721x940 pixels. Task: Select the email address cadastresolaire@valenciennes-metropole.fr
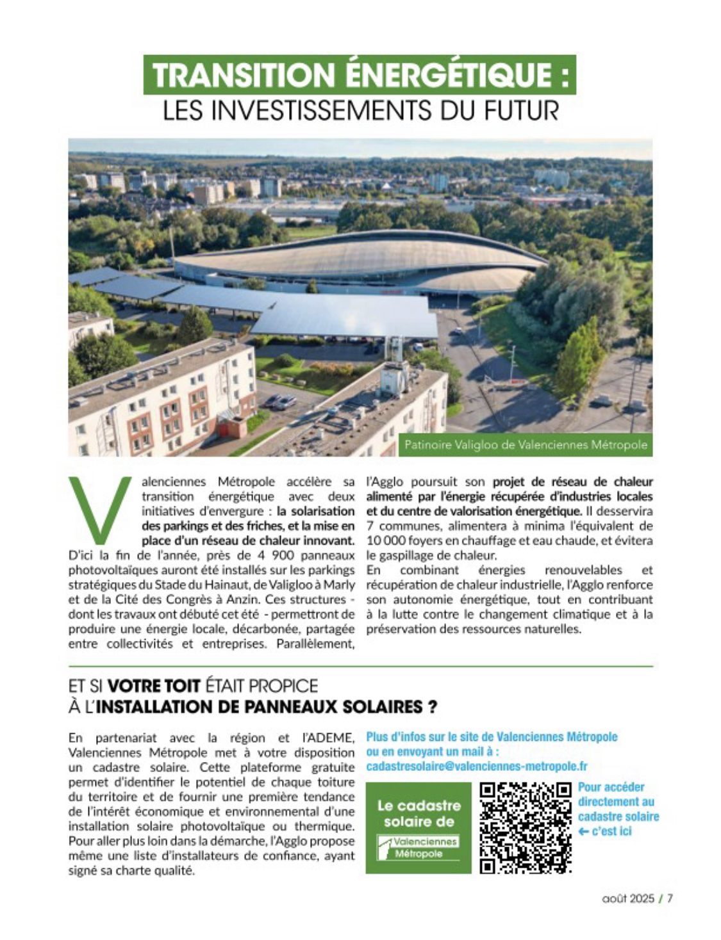pyautogui.click(x=477, y=766)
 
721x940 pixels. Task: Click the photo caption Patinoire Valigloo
pyautogui.click(x=526, y=445)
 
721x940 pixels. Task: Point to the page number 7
pyautogui.click(x=670, y=898)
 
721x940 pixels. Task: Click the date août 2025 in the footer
pyautogui.click(x=628, y=898)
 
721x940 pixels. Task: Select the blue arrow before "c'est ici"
pyautogui.click(x=583, y=831)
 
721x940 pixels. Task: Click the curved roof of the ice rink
pyautogui.click(x=359, y=256)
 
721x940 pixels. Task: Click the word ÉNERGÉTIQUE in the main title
pyautogui.click(x=442, y=75)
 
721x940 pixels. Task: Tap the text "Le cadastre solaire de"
pyautogui.click(x=419, y=813)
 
